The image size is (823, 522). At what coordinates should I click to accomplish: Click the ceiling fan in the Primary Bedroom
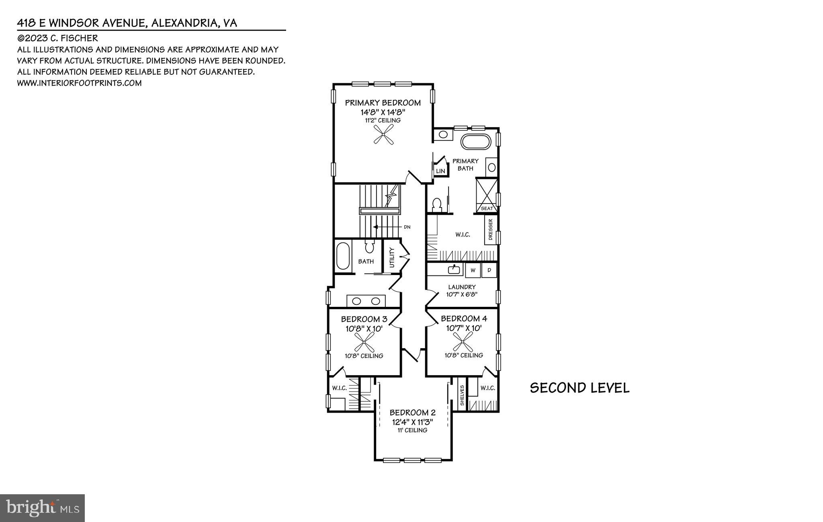[383, 134]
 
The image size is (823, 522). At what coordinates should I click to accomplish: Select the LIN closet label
[440, 171]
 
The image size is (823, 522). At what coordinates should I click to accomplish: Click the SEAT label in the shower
[487, 209]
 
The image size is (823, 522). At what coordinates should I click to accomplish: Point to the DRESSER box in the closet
[490, 230]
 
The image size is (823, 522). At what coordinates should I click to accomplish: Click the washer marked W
[473, 270]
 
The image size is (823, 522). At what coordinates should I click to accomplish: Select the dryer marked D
[489, 270]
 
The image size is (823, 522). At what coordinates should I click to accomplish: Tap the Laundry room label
[462, 287]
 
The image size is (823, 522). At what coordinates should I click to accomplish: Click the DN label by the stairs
[407, 227]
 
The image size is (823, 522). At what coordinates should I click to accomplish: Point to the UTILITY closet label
[392, 257]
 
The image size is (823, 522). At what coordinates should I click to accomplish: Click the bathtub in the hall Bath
[343, 256]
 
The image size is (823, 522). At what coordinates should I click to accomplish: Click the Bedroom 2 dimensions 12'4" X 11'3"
[412, 422]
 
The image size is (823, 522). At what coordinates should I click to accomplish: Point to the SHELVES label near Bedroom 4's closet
[462, 395]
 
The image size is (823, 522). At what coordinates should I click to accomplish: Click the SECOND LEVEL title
[579, 388]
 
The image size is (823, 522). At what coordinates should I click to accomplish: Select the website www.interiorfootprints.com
[79, 83]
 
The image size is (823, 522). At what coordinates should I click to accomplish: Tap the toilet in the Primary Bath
[435, 204]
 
